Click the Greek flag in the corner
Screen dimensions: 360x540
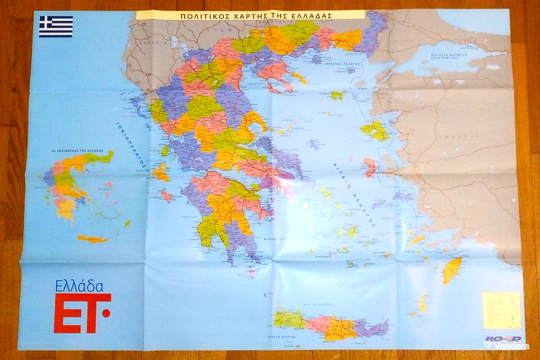tap(56, 27)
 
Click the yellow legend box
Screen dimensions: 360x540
tap(501, 310)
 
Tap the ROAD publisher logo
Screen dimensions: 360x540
tap(503, 339)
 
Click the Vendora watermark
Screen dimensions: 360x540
tap(507, 345)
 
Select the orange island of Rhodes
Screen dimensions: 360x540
tap(451, 270)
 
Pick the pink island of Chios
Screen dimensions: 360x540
tap(370, 167)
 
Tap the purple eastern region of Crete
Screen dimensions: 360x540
tap(371, 328)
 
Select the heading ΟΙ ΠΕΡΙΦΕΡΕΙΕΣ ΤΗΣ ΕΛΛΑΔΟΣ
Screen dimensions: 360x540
tap(78, 150)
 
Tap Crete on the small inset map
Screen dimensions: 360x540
tap(92, 238)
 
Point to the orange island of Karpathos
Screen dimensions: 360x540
tap(423, 301)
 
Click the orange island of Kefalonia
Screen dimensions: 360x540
tap(160, 172)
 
